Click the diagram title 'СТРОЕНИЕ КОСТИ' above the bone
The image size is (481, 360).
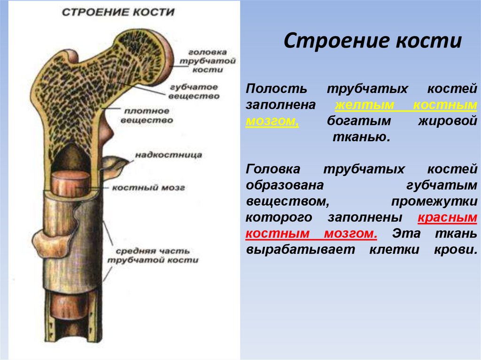118,12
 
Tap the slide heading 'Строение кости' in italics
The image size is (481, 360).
373,41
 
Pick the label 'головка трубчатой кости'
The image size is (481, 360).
207,60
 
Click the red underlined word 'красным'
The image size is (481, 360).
447,218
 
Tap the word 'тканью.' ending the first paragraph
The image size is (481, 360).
362,138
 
